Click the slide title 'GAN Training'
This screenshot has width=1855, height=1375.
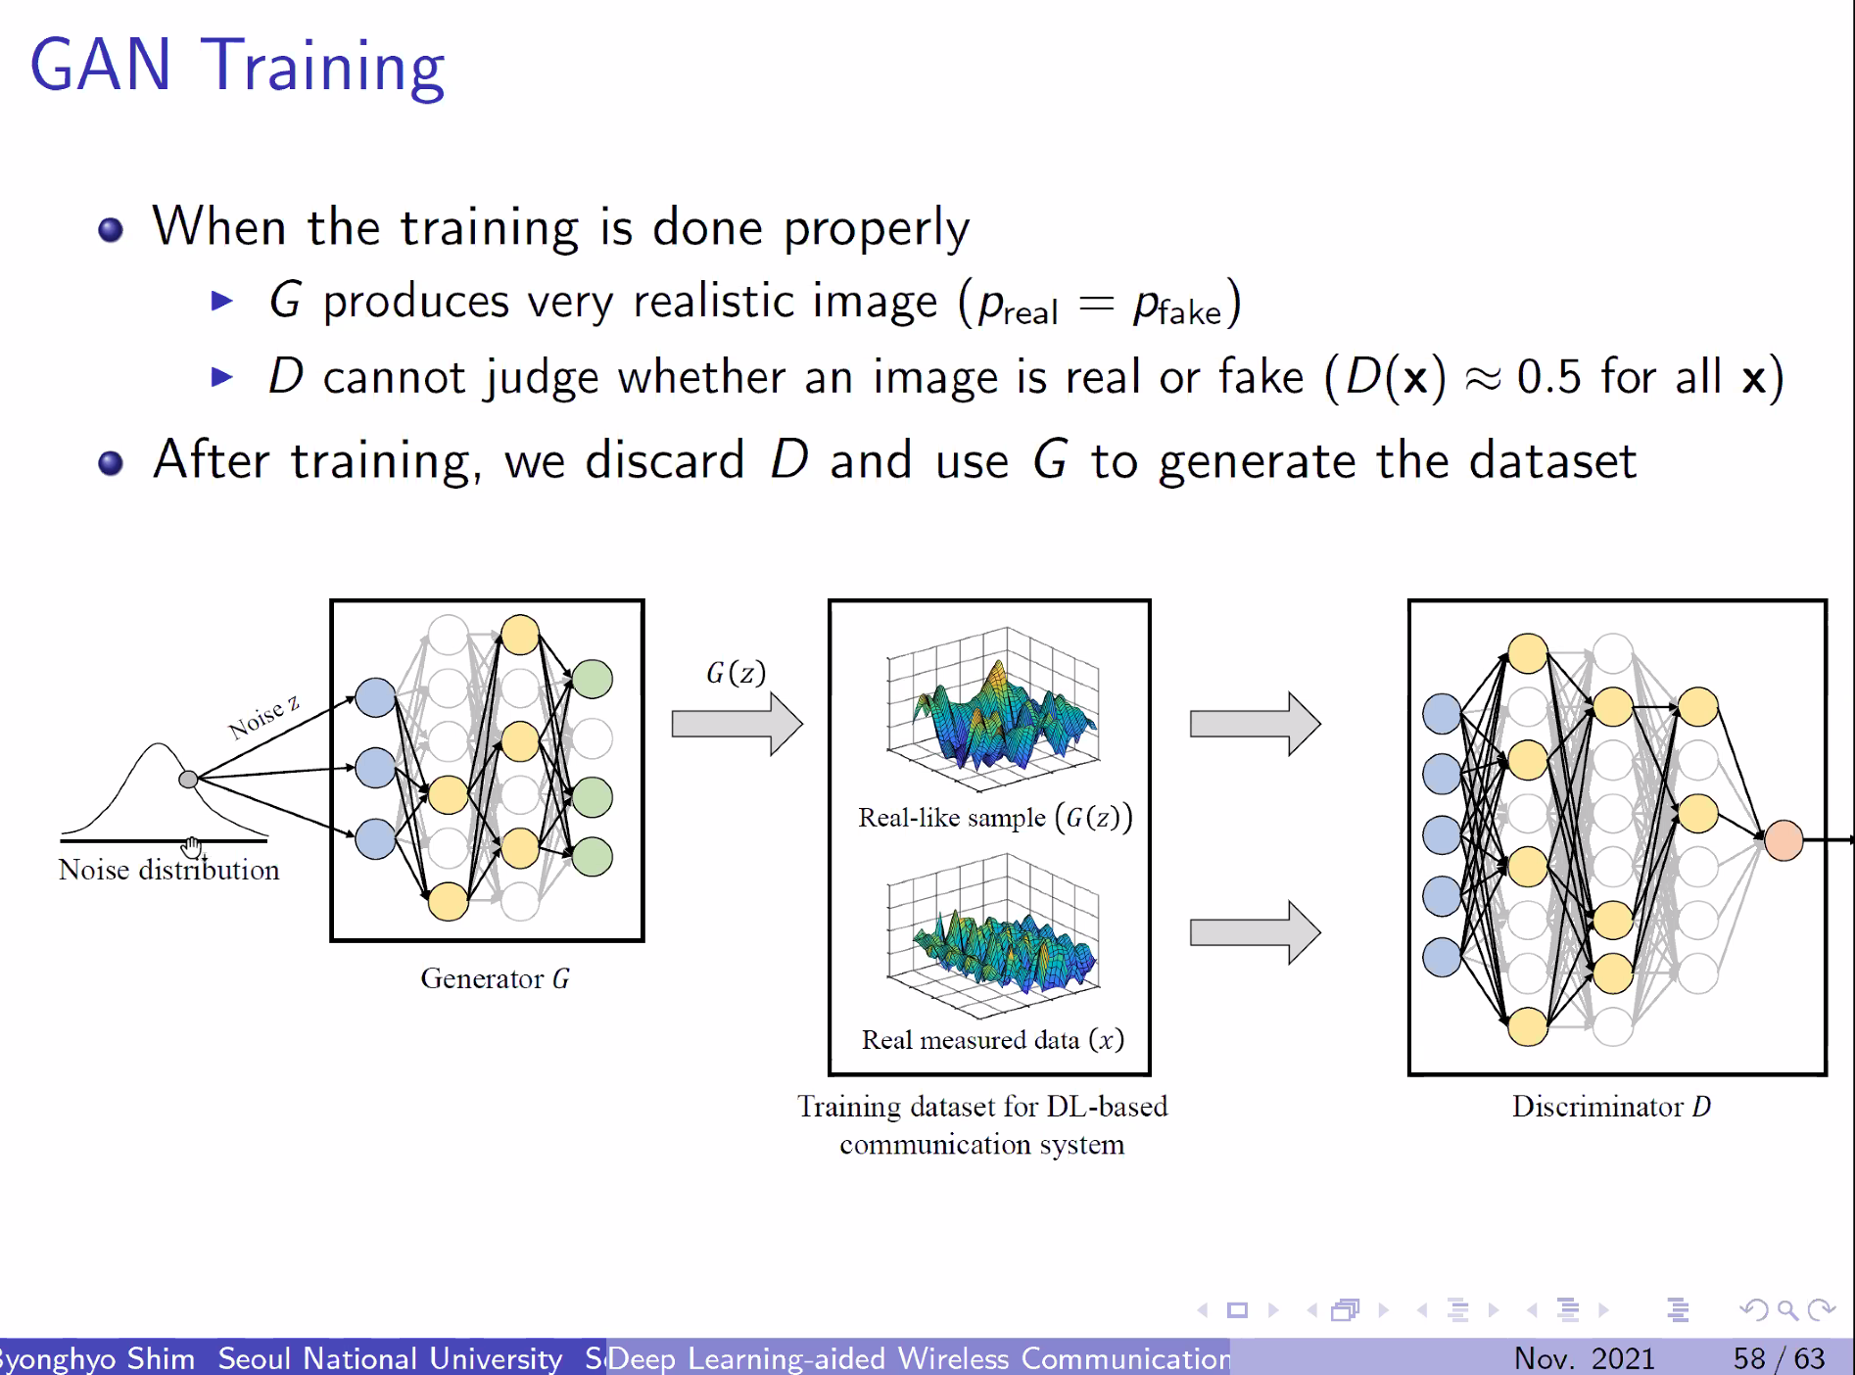[237, 67]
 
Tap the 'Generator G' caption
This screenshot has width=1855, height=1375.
[495, 978]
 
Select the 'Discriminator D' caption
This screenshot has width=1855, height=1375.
[1611, 1106]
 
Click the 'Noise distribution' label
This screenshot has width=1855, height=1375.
[168, 870]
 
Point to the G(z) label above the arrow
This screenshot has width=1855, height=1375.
[736, 673]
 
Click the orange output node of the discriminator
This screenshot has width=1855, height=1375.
[1784, 840]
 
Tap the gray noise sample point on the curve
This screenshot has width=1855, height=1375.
[188, 780]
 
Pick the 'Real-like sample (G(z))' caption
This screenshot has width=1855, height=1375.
[995, 817]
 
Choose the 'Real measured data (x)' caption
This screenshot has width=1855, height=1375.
[992, 1039]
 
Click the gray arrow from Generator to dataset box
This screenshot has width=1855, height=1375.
[737, 725]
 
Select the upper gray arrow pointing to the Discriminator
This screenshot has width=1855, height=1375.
[1256, 725]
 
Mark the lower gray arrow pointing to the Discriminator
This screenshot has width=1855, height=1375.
[1256, 932]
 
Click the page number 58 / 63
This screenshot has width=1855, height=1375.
[1779, 1358]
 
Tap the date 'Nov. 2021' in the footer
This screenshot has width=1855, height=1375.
[1584, 1358]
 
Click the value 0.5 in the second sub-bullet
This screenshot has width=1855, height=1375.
[1548, 377]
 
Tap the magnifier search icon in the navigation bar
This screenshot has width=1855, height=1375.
[1787, 1310]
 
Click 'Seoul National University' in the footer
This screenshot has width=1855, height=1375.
[390, 1358]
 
